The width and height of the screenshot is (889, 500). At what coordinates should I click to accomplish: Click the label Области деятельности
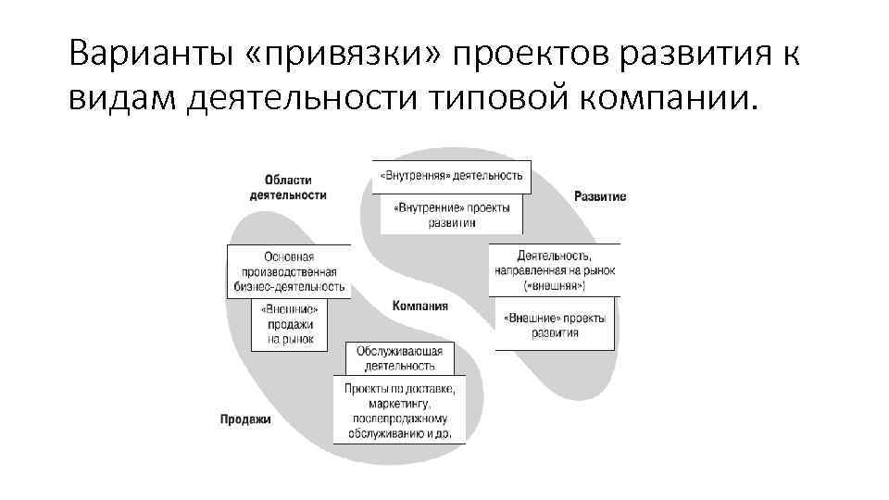[x=288, y=188]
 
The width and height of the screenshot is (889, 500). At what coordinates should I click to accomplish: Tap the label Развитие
[x=599, y=196]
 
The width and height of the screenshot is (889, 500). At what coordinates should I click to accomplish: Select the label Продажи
[x=245, y=419]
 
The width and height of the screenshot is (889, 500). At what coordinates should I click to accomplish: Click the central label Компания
[x=419, y=306]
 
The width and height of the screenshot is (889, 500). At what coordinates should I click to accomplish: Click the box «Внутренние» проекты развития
[x=452, y=215]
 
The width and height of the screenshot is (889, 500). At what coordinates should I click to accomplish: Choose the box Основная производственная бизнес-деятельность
[x=289, y=271]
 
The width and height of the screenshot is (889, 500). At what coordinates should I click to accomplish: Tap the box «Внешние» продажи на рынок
[x=290, y=325]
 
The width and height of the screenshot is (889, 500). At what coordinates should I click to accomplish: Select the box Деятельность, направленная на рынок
[x=554, y=270]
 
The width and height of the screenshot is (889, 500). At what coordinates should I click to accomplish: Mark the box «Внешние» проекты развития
[x=555, y=325]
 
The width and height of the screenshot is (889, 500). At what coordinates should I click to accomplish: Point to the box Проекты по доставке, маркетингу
[x=399, y=410]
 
